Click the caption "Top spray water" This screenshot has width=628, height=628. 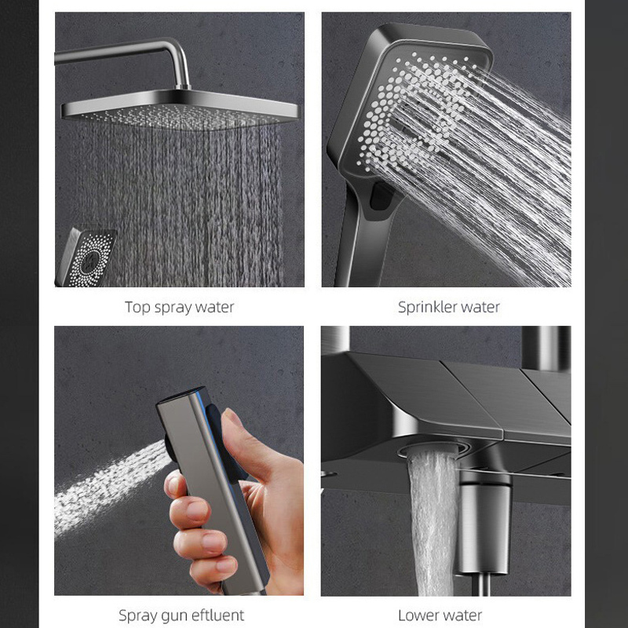(x=179, y=307)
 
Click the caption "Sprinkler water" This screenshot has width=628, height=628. (x=448, y=307)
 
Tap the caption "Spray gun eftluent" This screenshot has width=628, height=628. (x=181, y=615)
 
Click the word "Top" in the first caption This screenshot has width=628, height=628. (x=137, y=307)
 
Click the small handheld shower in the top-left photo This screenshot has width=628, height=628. (x=85, y=255)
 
